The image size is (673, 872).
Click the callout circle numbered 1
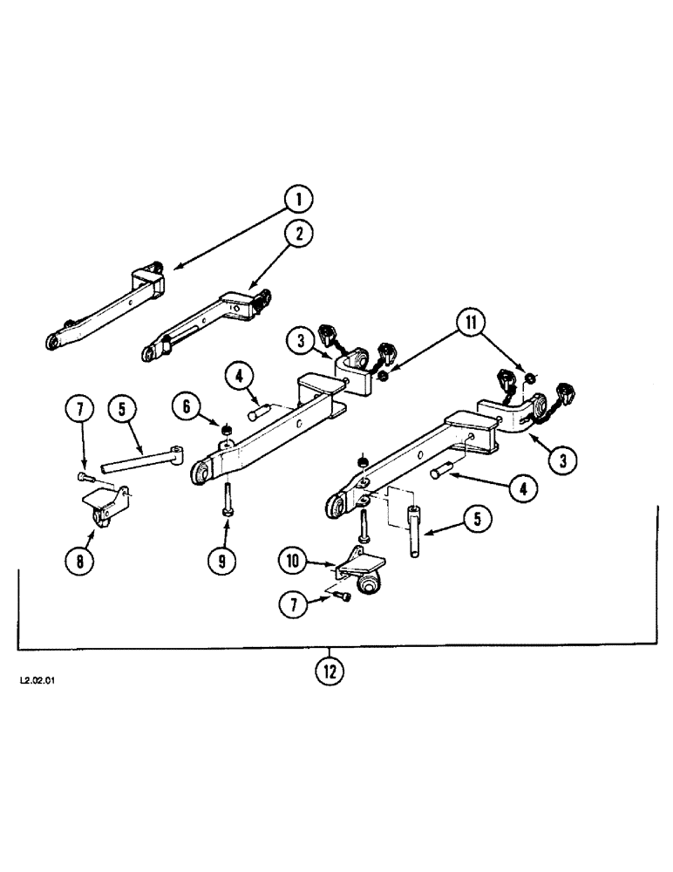298,201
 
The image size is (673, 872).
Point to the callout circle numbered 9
221,562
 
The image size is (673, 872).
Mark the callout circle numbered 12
330,671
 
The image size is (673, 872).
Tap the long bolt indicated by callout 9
227,501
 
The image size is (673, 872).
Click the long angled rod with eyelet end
139,460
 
